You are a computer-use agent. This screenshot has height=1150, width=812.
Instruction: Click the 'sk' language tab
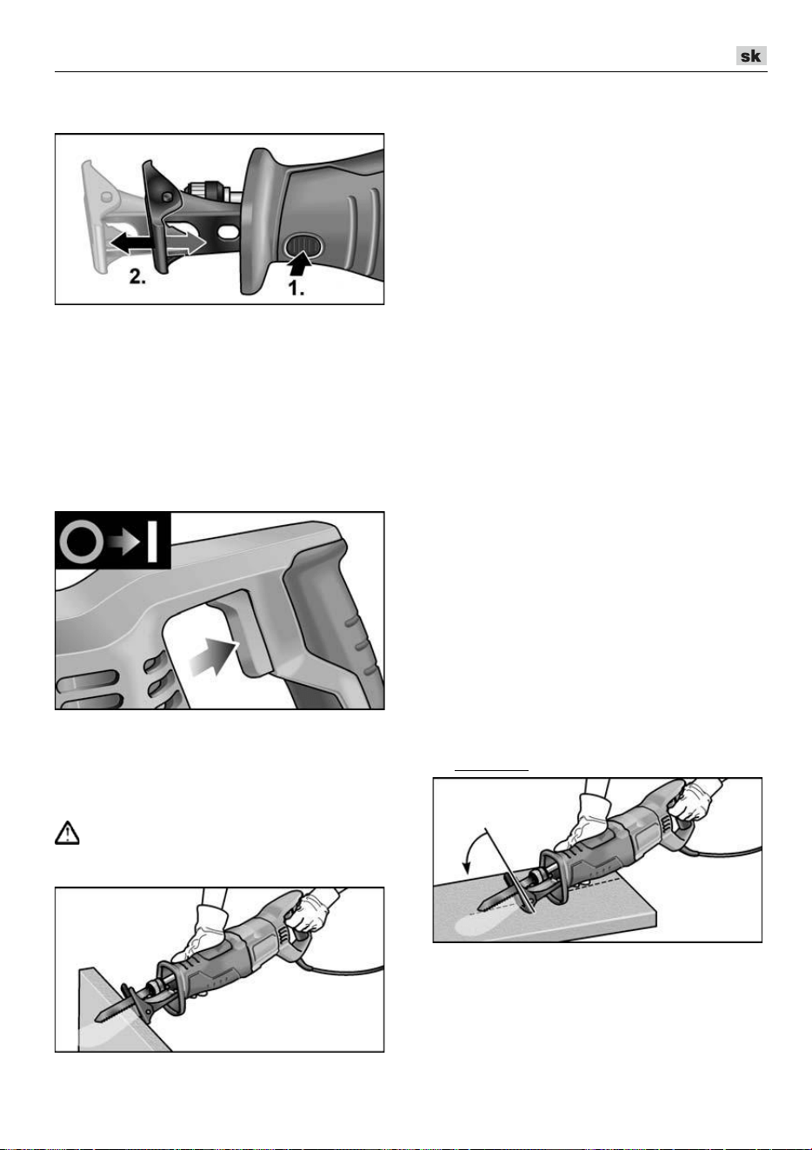(x=751, y=56)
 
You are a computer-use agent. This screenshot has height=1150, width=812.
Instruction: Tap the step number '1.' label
(x=296, y=288)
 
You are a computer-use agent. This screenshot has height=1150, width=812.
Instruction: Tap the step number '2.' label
(x=137, y=276)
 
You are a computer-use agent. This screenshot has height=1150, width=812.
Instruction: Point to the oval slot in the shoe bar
(x=229, y=232)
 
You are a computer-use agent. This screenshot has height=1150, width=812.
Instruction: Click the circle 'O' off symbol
(x=79, y=542)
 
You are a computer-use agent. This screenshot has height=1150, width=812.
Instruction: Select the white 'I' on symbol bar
(x=152, y=542)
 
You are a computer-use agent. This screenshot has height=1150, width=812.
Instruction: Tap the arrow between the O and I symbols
(x=124, y=542)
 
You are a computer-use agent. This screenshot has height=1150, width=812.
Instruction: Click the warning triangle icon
(x=67, y=833)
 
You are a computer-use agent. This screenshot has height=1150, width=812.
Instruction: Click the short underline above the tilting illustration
(x=491, y=770)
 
